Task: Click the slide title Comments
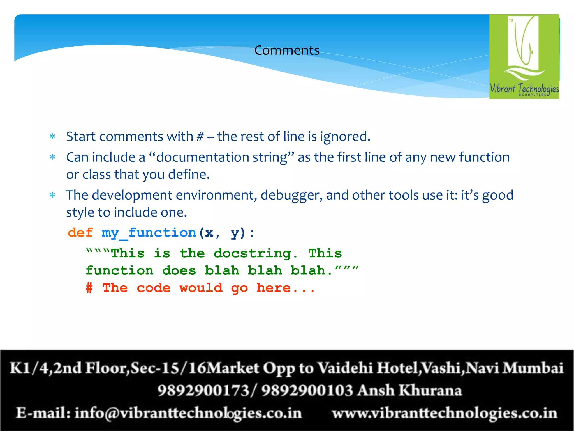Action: pyautogui.click(x=287, y=51)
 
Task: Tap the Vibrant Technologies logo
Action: pyautogui.click(x=524, y=56)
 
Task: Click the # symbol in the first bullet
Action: pyautogui.click(x=200, y=137)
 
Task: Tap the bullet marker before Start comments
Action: pyautogui.click(x=52, y=137)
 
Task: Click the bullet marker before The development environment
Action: pyautogui.click(x=52, y=195)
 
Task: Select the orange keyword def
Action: pyautogui.click(x=80, y=233)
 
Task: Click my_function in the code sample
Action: pyautogui.click(x=149, y=233)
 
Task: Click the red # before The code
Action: pyautogui.click(x=89, y=288)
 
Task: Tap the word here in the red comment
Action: pyautogui.click(x=274, y=288)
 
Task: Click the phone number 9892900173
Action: pyautogui.click(x=203, y=391)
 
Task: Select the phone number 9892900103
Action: pyautogui.click(x=307, y=391)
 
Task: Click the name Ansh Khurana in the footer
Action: pyautogui.click(x=410, y=391)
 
